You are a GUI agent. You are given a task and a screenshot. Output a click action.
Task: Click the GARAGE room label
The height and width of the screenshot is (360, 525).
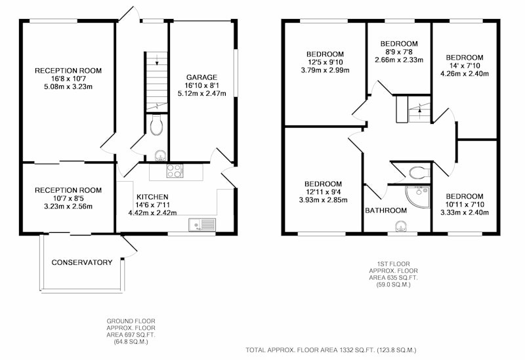[201, 77]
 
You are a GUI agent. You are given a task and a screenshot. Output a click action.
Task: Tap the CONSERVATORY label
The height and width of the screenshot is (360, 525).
[82, 262]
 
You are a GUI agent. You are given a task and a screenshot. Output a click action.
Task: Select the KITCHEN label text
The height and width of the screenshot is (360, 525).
[152, 197]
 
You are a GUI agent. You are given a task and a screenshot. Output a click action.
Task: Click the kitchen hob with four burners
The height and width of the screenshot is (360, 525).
[175, 171]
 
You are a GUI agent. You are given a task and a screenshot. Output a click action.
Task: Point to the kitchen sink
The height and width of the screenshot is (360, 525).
[202, 224]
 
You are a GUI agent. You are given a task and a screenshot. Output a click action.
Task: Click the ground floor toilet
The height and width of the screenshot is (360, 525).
[156, 125]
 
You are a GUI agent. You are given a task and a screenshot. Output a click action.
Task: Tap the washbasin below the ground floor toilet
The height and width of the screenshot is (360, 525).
[161, 155]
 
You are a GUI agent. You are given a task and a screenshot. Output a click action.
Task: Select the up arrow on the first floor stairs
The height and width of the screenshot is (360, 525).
[419, 111]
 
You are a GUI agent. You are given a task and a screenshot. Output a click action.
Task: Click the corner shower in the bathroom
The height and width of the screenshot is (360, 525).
[418, 197]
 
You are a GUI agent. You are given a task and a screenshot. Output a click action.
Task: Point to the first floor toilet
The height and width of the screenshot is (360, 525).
[419, 172]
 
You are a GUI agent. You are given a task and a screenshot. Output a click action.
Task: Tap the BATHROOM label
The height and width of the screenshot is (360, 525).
[386, 210]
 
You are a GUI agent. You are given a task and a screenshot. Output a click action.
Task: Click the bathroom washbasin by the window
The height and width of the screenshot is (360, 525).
[400, 226]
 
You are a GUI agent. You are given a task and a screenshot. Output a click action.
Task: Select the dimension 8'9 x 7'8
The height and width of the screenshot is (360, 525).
[399, 52]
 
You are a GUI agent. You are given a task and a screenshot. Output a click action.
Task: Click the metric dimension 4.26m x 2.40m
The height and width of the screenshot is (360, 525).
[465, 73]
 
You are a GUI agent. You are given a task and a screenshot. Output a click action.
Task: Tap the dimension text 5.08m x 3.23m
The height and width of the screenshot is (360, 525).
[68, 87]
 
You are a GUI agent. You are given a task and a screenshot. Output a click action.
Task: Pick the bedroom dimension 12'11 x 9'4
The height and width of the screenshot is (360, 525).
[323, 192]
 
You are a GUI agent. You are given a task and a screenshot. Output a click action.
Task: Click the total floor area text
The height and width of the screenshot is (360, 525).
[331, 350]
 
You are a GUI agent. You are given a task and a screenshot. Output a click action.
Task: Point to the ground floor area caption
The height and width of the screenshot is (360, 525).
[131, 332]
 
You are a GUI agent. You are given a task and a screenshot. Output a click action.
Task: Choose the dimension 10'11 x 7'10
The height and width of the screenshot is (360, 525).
[465, 205]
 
